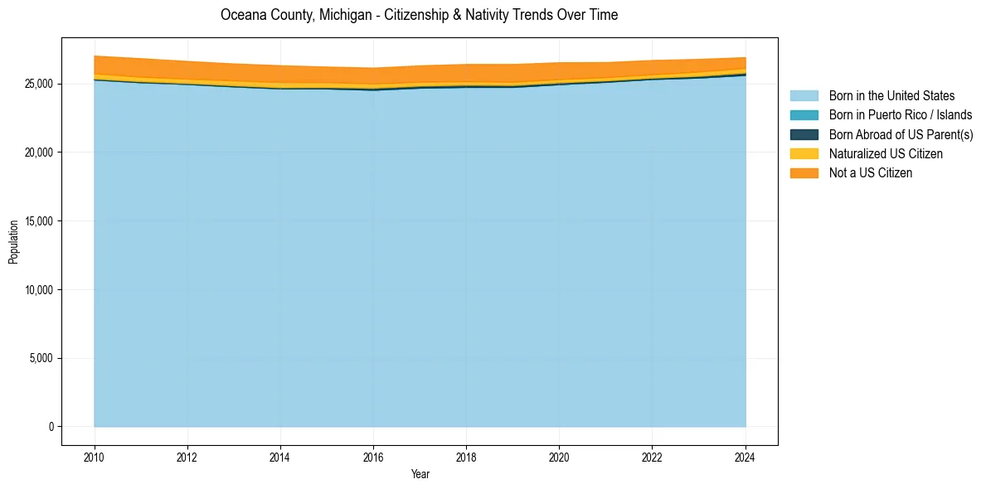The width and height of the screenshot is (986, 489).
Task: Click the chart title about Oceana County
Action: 419,15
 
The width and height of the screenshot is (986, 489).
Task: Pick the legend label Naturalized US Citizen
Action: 886,153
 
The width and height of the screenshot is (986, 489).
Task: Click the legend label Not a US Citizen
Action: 871,172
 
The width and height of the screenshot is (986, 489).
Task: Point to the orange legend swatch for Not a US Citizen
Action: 804,172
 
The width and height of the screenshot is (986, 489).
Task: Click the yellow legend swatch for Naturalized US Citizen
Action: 804,153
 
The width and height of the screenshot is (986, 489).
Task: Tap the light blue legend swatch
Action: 804,96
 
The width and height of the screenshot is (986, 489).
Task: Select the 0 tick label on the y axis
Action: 51,427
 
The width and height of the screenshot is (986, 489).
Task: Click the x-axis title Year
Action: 420,474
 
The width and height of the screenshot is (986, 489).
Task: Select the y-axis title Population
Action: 13,242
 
